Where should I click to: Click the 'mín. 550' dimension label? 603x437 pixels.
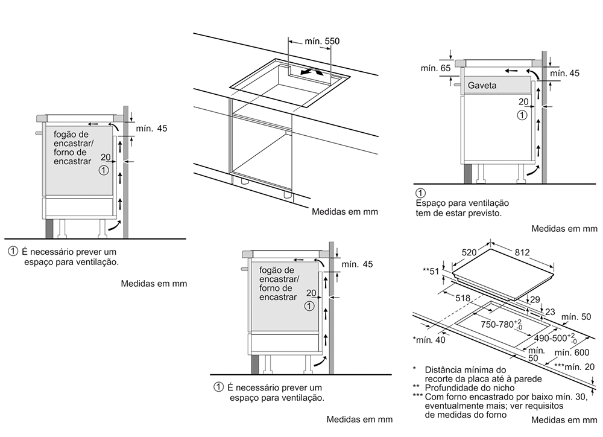point(323,41)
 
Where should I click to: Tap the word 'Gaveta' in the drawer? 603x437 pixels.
point(482,86)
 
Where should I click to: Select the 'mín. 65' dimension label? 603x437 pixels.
point(436,68)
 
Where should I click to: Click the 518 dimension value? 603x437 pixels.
point(463,297)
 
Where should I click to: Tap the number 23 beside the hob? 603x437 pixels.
point(549,311)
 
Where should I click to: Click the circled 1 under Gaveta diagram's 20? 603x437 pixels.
point(522,114)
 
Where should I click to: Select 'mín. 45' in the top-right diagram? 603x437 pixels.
point(564,73)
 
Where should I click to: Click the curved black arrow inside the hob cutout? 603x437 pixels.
point(312,71)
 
